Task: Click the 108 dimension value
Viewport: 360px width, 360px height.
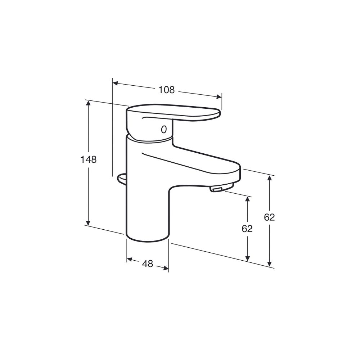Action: [166, 90]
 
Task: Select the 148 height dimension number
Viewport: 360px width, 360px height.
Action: [88, 159]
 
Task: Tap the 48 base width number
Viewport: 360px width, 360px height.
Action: [147, 264]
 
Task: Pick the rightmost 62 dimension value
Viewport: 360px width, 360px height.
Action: [269, 217]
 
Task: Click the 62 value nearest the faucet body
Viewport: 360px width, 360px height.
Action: [247, 229]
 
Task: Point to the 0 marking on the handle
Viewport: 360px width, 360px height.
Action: [163, 129]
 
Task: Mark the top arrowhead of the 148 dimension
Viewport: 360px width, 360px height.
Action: [88, 104]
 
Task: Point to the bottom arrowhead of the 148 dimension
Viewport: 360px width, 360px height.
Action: [88, 223]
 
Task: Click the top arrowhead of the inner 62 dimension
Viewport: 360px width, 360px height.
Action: [247, 199]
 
